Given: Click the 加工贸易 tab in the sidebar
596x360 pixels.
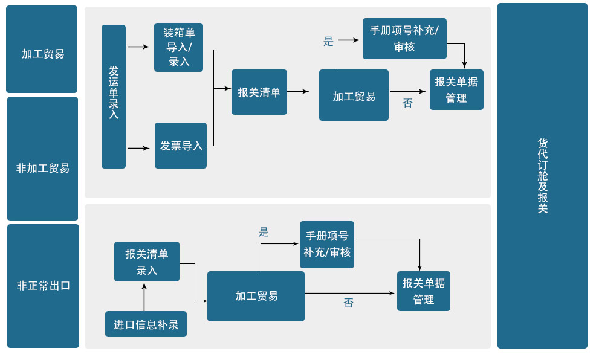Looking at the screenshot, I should click(x=42, y=53).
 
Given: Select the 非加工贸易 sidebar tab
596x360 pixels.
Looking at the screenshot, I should click(x=42, y=167).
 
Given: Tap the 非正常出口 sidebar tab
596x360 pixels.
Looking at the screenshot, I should click(x=43, y=285).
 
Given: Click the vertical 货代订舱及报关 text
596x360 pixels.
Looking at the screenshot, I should click(x=542, y=176).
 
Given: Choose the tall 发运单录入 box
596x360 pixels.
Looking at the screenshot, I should click(x=114, y=96).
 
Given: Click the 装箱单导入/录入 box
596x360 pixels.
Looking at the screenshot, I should click(x=178, y=47).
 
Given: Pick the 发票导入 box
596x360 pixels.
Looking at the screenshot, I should click(x=181, y=146).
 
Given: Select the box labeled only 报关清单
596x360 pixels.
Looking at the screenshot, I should click(x=259, y=92).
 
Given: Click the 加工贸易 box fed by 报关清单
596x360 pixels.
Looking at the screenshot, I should click(x=354, y=95).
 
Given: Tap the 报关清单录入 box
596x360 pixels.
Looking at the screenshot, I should click(x=147, y=262).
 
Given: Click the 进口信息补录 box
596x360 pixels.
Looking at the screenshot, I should click(x=146, y=324).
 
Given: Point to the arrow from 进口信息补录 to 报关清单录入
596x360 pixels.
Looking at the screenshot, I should click(x=144, y=296).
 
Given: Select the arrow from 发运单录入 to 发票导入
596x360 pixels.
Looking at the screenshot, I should click(x=138, y=148).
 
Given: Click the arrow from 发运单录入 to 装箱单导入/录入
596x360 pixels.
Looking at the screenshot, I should click(x=138, y=47).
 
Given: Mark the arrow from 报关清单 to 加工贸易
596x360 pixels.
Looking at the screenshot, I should click(x=298, y=92).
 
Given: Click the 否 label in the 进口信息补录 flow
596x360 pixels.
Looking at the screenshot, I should click(x=348, y=303).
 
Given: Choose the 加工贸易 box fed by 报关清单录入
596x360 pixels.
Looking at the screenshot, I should click(x=256, y=296).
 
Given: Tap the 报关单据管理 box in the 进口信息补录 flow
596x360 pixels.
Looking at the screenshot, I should click(x=423, y=291).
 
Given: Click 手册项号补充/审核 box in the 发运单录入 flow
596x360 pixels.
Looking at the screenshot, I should click(x=404, y=38).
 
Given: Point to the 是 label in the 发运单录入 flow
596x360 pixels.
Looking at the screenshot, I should click(x=328, y=42).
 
